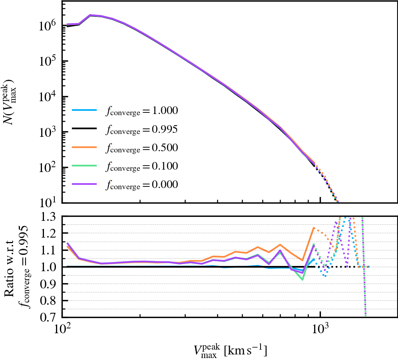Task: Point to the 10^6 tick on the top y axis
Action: [49, 26]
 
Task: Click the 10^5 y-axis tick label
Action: [49, 61]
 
